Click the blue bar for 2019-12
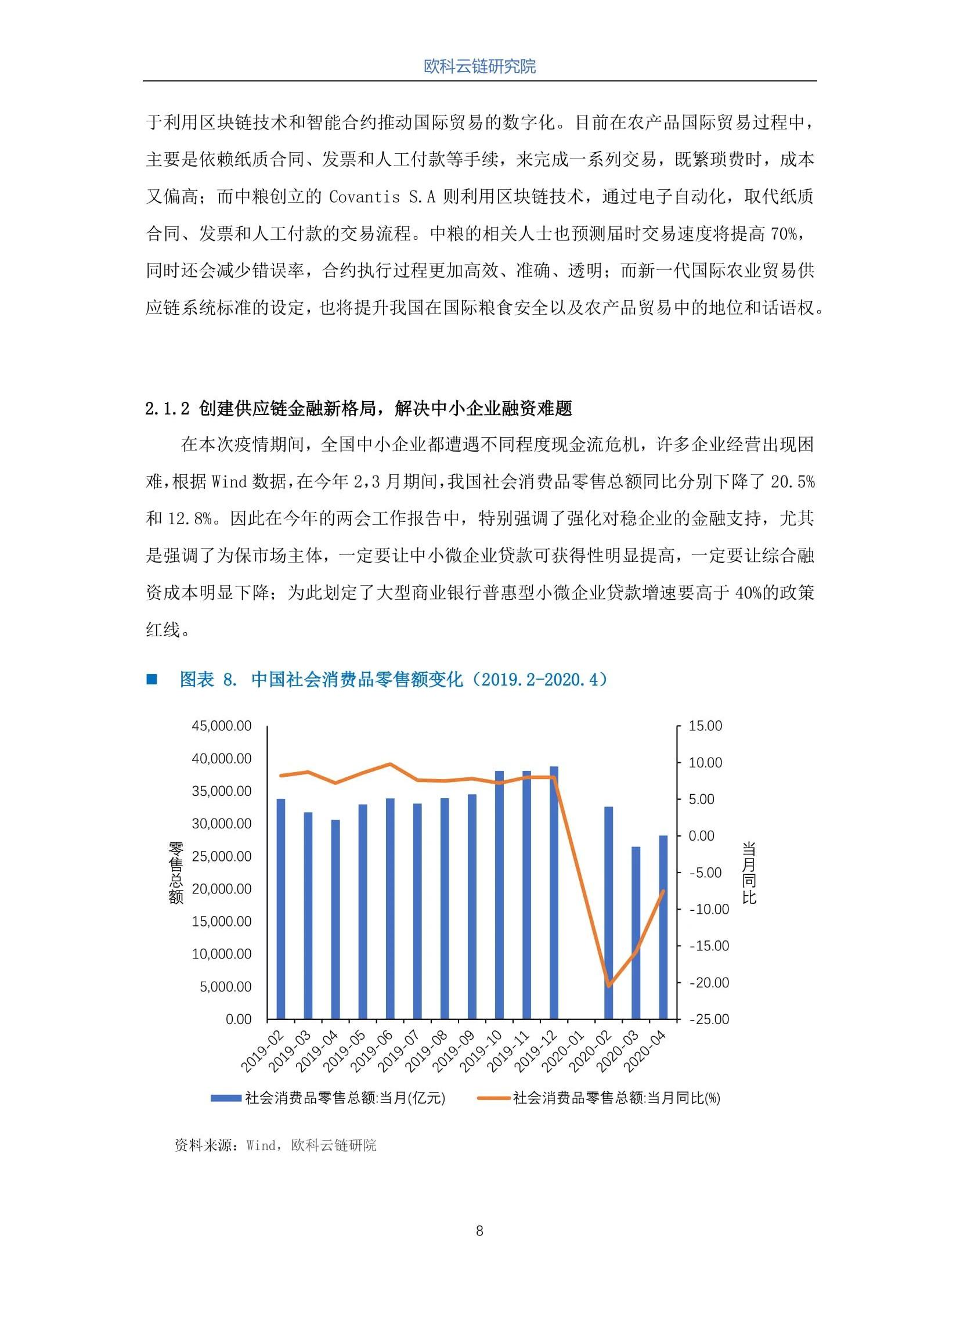(554, 892)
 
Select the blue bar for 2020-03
(636, 933)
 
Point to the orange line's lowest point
(609, 985)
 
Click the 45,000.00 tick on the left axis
(222, 726)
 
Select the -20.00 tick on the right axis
(709, 983)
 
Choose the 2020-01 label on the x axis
(564, 1052)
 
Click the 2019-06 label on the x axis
(372, 1052)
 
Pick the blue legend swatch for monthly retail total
(226, 1098)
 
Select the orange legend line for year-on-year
(494, 1098)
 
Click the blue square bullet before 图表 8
(151, 679)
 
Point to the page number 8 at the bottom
(479, 1231)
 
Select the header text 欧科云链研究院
(479, 67)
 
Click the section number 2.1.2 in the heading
(167, 408)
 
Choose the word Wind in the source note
(261, 1146)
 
